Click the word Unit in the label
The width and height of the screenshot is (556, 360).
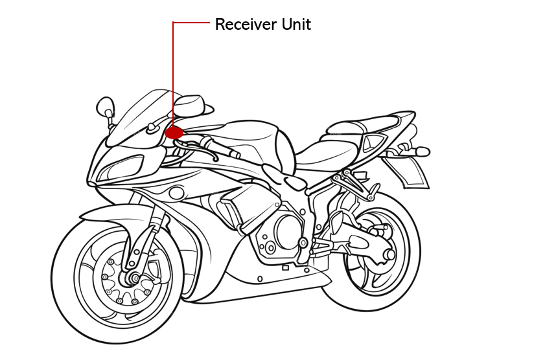click(296, 25)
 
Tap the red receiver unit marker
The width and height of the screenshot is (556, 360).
click(173, 133)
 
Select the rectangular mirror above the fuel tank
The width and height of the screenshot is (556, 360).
click(189, 104)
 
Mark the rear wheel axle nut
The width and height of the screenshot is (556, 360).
click(390, 254)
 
